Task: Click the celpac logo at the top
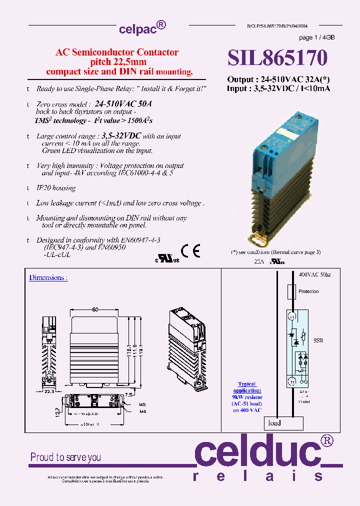click(x=142, y=28)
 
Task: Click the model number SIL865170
click(x=277, y=58)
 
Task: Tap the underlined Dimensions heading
click(x=48, y=277)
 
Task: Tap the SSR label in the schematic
click(x=318, y=340)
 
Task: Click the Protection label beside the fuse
click(x=308, y=291)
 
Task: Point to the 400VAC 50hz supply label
click(x=314, y=275)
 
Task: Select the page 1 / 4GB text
click(x=316, y=38)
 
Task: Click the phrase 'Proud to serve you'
click(x=65, y=457)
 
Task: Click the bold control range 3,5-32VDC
click(x=121, y=135)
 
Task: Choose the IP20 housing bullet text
click(x=56, y=188)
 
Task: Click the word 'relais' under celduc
click(x=258, y=476)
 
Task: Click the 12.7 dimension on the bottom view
click(x=58, y=412)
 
